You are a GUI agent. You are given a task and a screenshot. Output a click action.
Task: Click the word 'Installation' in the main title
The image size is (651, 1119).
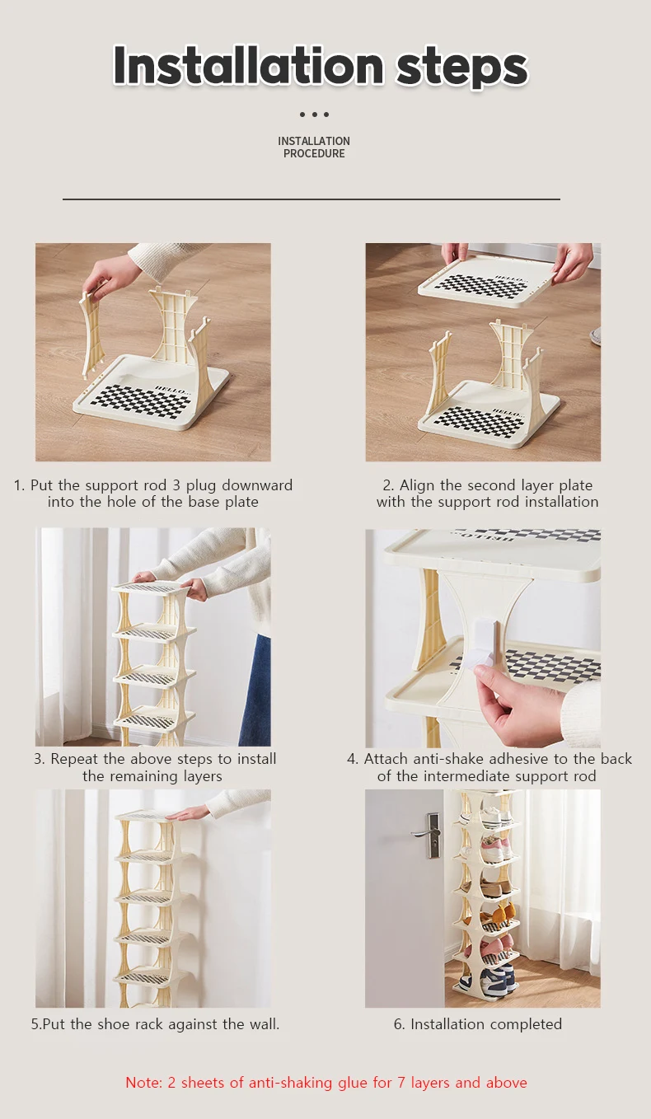[248, 65]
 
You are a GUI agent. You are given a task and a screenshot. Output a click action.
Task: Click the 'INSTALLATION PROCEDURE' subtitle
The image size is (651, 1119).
[314, 147]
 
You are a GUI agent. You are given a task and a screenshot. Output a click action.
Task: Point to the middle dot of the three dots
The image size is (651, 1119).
[314, 115]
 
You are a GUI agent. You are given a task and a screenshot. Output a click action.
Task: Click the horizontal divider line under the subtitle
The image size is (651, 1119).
[311, 199]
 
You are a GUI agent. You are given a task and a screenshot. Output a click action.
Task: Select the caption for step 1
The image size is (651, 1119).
[152, 494]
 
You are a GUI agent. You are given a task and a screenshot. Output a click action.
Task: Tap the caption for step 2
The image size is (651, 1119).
[487, 494]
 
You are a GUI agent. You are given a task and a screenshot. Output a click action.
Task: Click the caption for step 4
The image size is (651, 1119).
[489, 767]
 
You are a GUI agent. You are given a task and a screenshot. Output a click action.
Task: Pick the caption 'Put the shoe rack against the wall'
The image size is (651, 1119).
[155, 1024]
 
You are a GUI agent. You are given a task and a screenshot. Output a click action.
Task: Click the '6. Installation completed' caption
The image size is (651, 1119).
[477, 1024]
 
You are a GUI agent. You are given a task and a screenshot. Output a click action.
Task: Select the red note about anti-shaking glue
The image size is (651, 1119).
[325, 1082]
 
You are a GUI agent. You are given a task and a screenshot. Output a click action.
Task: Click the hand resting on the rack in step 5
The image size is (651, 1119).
[191, 812]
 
